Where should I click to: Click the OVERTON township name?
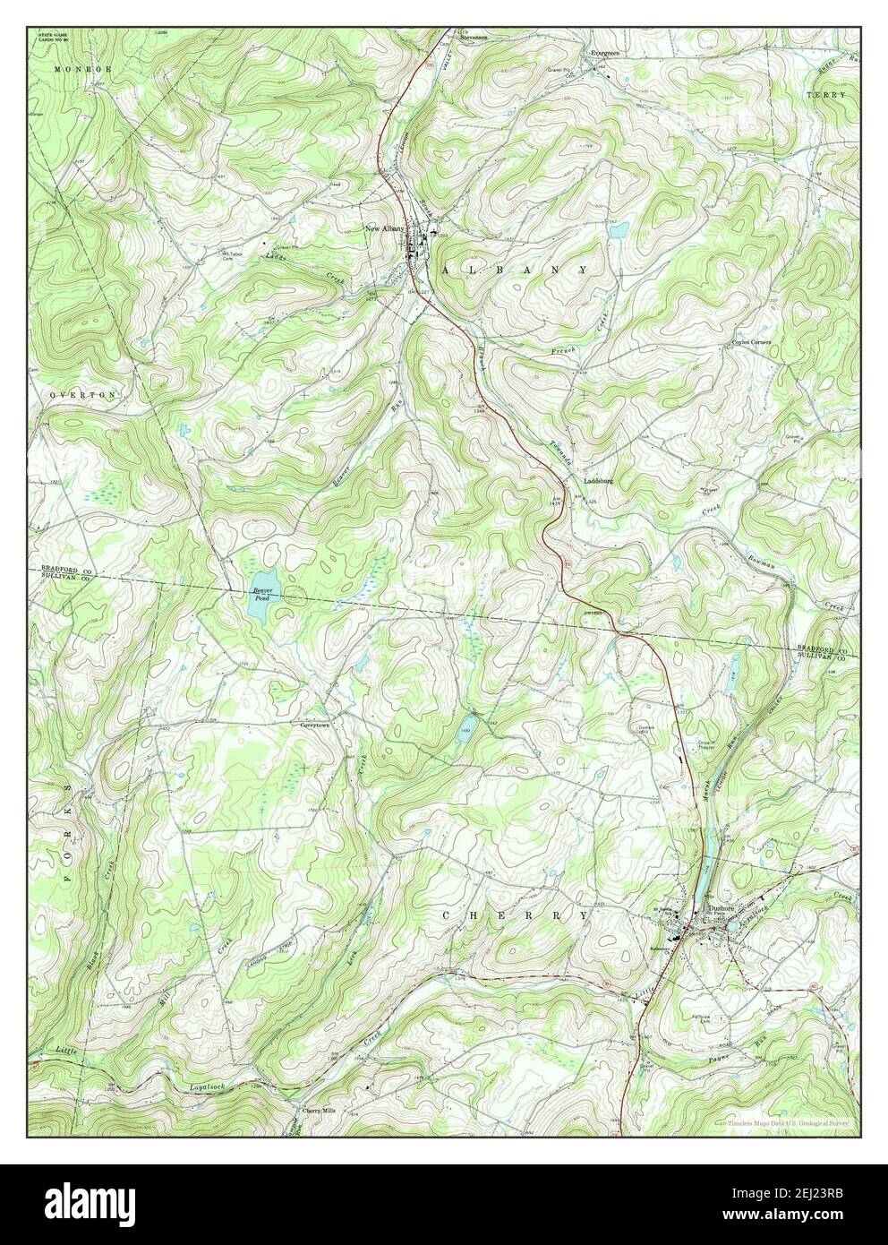pos(72,394)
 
